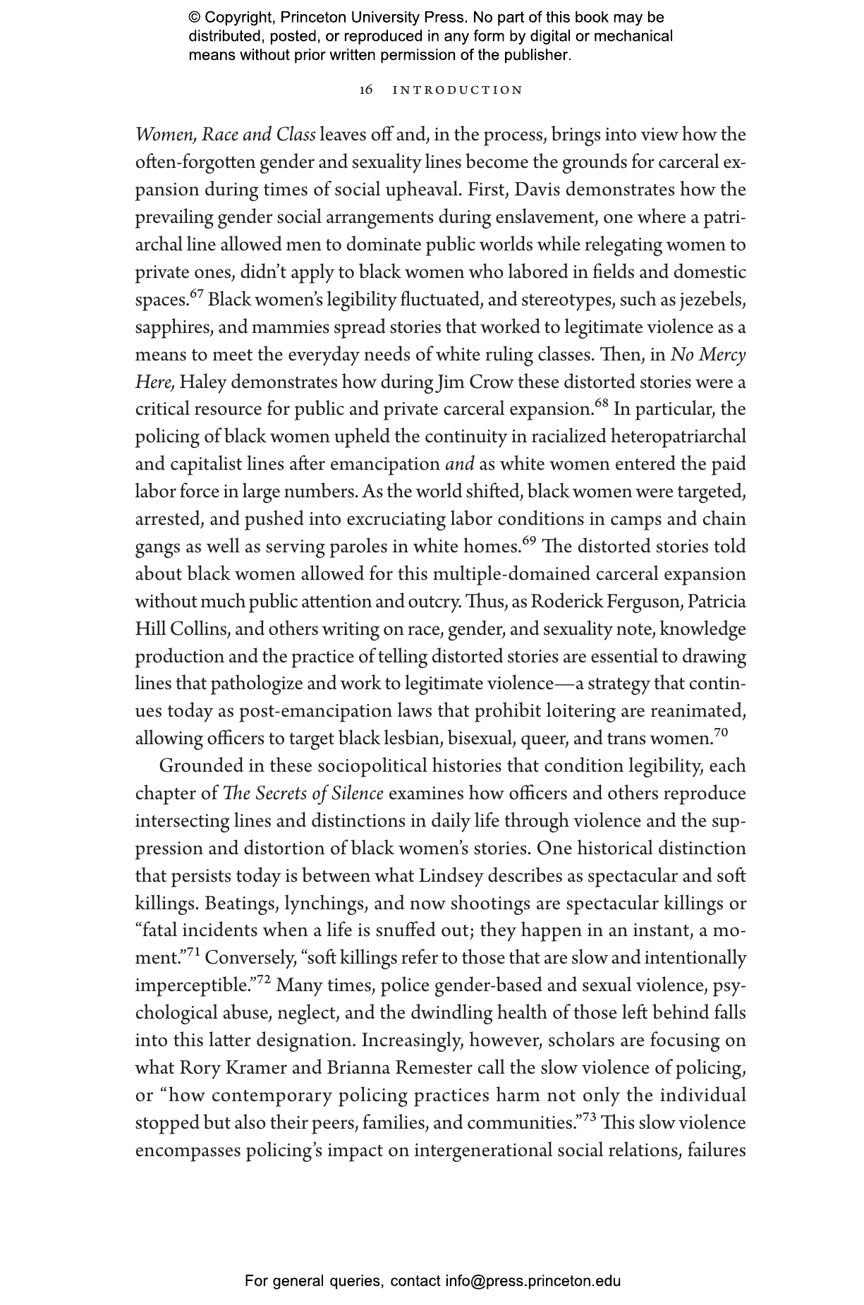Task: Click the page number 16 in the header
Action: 366,90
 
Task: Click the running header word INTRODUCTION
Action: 458,90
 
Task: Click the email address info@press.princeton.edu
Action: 533,1280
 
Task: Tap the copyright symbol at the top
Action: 195,18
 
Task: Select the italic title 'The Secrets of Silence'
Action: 303,794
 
